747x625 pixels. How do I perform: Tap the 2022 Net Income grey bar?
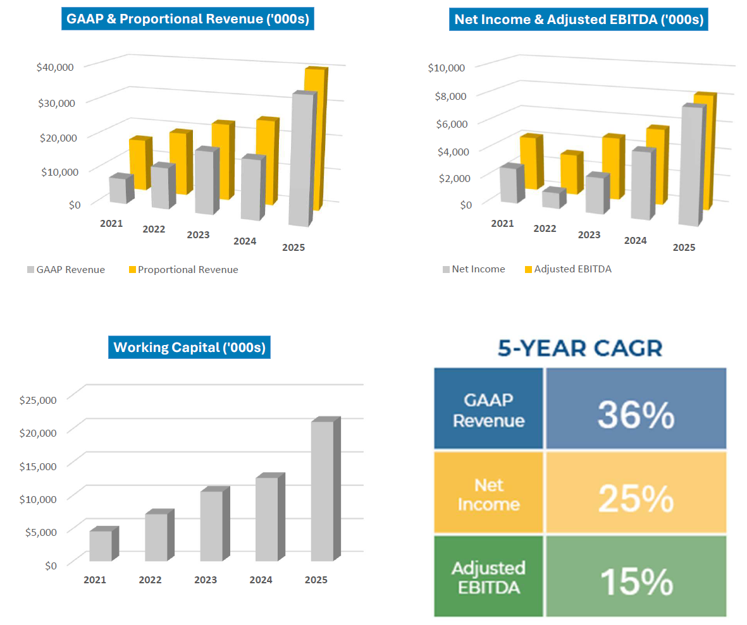(x=550, y=199)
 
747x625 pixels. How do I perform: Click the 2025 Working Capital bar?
(x=321, y=490)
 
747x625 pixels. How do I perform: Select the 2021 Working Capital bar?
(x=101, y=546)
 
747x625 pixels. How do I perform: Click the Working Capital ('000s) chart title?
(x=189, y=348)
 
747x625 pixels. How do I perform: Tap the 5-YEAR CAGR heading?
(x=579, y=348)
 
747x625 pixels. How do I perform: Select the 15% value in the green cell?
(x=635, y=582)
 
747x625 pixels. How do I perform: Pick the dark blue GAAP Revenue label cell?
(x=488, y=410)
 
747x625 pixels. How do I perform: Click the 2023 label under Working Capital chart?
(x=206, y=579)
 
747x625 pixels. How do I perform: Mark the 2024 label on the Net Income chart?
(x=635, y=241)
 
